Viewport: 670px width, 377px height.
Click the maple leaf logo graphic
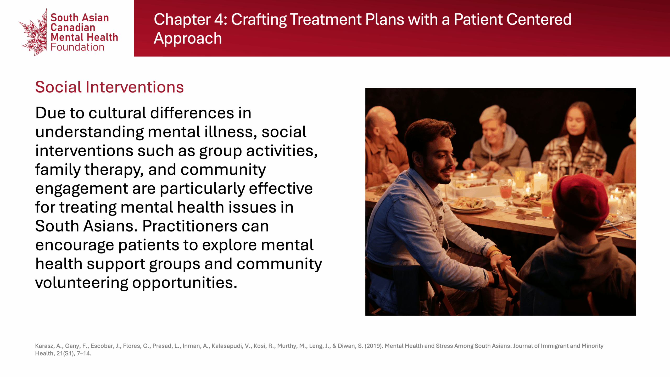(34, 33)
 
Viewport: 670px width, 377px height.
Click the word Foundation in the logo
(77, 47)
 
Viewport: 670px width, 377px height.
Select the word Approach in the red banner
(188, 39)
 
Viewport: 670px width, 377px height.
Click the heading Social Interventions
(109, 87)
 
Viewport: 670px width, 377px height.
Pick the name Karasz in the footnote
(45, 346)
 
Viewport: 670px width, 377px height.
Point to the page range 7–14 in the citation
(84, 353)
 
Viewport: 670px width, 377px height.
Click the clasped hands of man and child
(504, 267)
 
